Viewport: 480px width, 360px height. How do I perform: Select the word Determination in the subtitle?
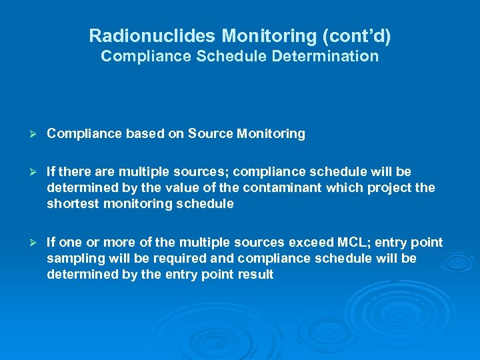click(x=325, y=56)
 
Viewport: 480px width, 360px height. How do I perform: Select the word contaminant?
click(x=287, y=188)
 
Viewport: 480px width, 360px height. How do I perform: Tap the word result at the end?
click(x=257, y=275)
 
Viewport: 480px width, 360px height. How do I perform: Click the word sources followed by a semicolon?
click(x=193, y=172)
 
